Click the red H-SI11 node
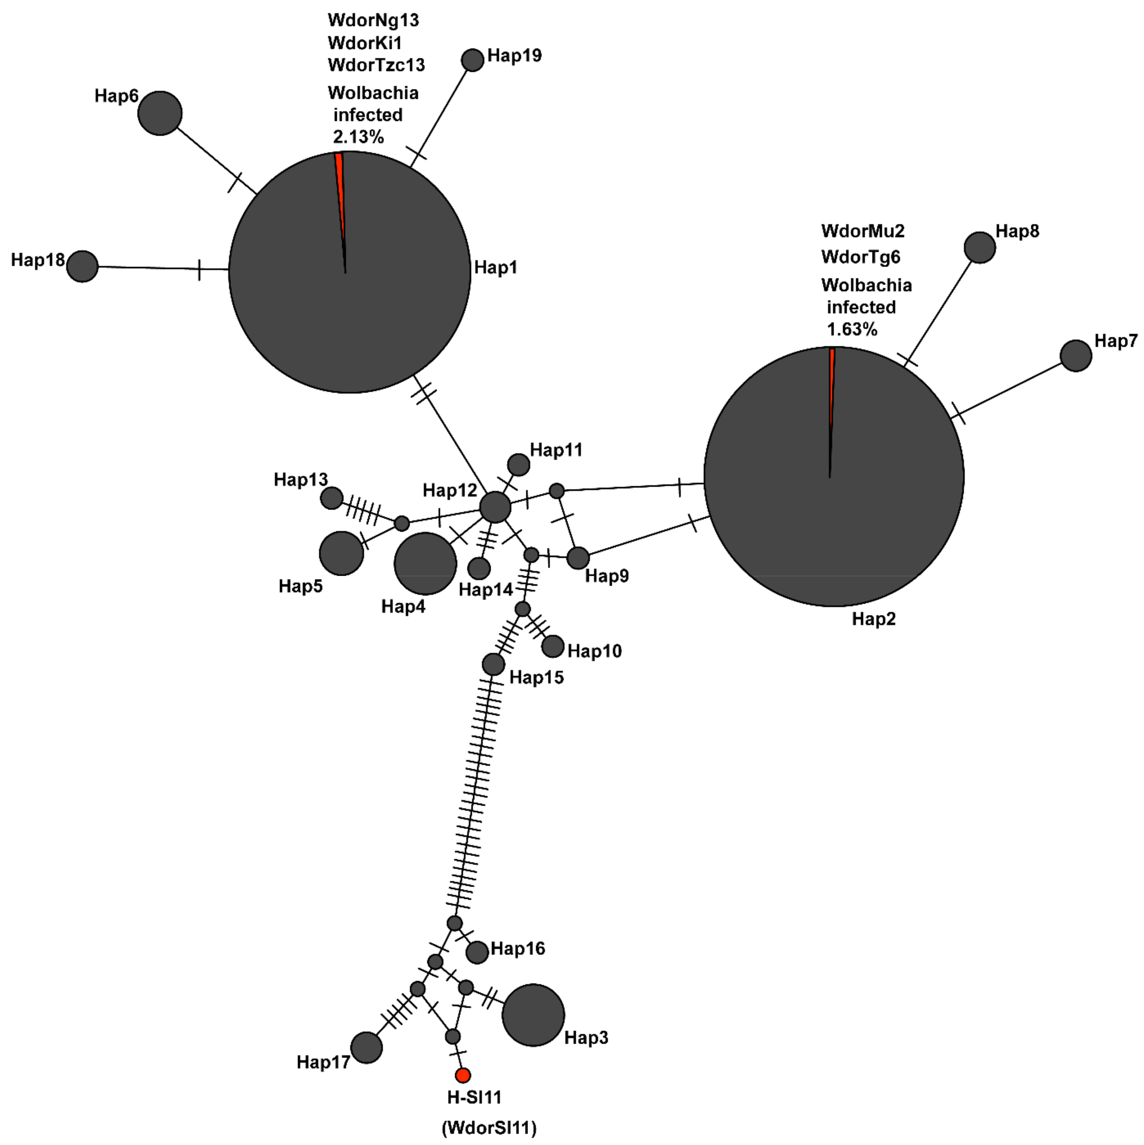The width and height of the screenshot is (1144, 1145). coord(463,1075)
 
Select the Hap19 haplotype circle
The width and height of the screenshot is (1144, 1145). coord(472,60)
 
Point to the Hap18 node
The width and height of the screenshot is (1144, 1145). coord(82,266)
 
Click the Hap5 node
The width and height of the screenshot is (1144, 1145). coord(342,553)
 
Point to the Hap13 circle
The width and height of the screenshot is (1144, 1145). coord(331,498)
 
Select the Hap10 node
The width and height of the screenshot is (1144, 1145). coord(553,646)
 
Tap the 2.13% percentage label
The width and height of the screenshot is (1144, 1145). coord(358,137)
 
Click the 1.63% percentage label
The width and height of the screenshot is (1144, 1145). coord(852,329)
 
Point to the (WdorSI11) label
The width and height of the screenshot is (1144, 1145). coord(489,1128)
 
